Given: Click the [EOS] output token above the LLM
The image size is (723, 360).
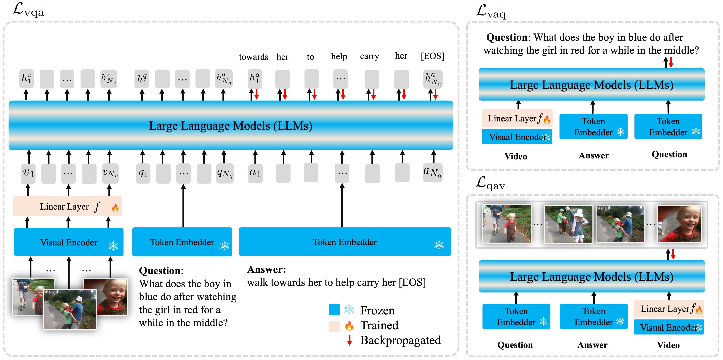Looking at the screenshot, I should click(x=432, y=56).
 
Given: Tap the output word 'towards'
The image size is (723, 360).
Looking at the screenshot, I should click(x=254, y=57).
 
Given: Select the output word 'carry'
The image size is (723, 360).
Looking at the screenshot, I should click(x=369, y=56).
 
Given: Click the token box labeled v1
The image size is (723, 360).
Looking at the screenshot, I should click(x=28, y=173).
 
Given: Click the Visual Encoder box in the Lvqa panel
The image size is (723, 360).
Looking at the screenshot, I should click(x=69, y=242).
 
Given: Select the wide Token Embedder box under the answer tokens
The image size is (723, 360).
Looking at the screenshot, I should click(x=345, y=242).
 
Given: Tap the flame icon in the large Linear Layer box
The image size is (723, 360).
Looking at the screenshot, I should click(x=115, y=208).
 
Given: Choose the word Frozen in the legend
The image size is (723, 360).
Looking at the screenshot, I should click(x=377, y=310).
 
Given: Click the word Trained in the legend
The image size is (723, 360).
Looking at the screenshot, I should click(x=379, y=325).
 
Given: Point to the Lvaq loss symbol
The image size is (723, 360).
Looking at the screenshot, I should click(x=491, y=12).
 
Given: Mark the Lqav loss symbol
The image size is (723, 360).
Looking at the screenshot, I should click(x=490, y=184).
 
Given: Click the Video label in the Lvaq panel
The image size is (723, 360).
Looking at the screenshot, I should click(x=516, y=156).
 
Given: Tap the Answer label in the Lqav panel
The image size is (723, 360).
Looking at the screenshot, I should click(x=592, y=345).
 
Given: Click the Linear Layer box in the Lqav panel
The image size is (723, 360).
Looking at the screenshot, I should click(x=669, y=309).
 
